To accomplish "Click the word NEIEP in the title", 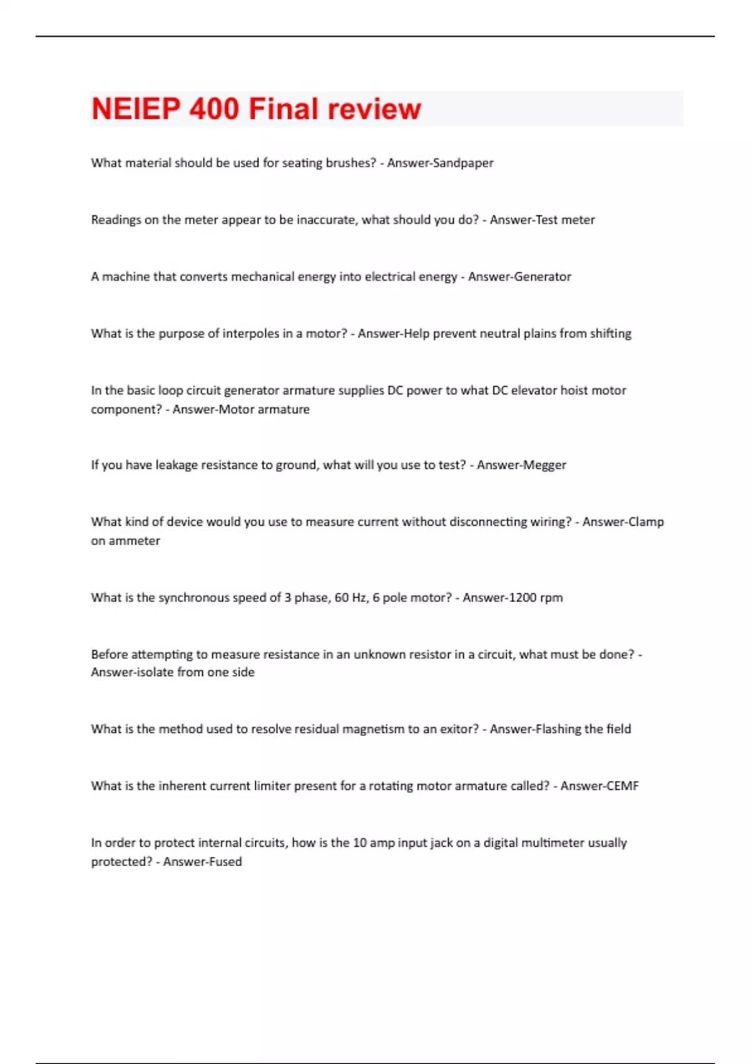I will (136, 109).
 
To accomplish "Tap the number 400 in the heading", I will (214, 109).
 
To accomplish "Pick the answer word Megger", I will (544, 465).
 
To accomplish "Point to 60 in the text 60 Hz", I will (342, 598).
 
